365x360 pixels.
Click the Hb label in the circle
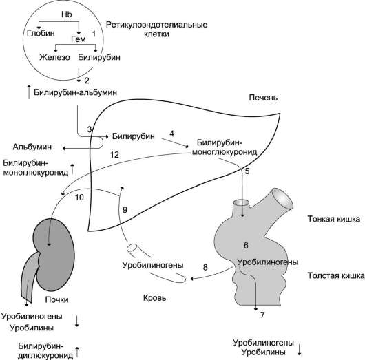[x=67, y=14]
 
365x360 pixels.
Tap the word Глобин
[x=41, y=33]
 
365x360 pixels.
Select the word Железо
[x=54, y=57]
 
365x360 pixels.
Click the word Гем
[x=79, y=39]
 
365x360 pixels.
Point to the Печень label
[x=263, y=98]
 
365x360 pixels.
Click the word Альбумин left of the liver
[x=32, y=147]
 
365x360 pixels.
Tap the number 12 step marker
[x=114, y=155]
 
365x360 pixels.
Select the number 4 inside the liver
[x=171, y=134]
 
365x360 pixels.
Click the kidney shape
[x=54, y=254]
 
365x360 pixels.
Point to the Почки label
[x=56, y=299]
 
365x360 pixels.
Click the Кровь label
[x=154, y=298]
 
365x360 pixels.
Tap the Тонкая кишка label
[x=334, y=219]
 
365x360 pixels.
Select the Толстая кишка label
[x=336, y=275]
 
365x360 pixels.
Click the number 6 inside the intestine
[x=246, y=245]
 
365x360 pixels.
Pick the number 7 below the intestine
[x=262, y=315]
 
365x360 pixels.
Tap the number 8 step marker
[x=205, y=267]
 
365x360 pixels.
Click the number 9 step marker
[x=125, y=210]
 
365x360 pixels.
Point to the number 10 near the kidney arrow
[x=79, y=198]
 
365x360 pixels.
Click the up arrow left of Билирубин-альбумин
[x=29, y=92]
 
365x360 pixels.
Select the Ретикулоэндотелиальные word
[x=156, y=25]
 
